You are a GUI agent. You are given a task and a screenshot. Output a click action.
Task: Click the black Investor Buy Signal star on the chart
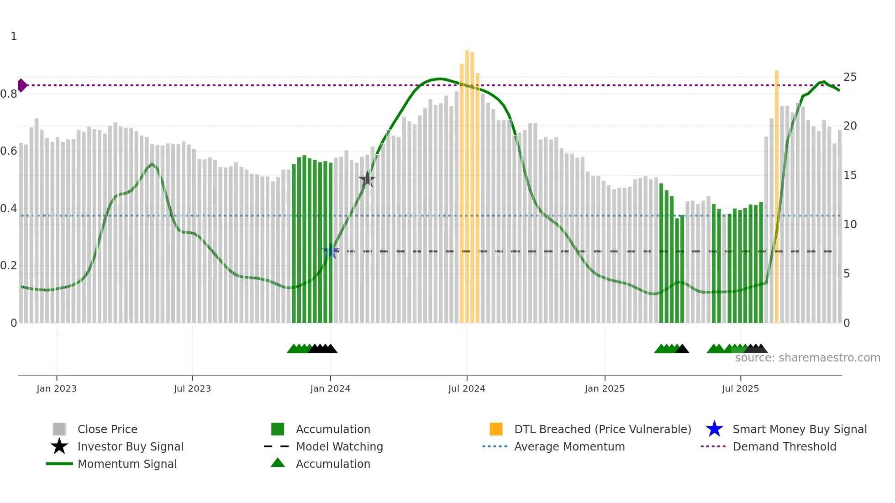click(x=367, y=180)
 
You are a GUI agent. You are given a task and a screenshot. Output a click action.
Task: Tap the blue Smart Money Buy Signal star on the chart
click(x=331, y=251)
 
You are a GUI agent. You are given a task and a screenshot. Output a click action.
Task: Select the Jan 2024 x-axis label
click(x=330, y=388)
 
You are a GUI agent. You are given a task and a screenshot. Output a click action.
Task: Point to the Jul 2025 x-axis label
click(x=740, y=388)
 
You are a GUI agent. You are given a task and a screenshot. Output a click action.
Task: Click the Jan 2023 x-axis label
click(x=57, y=388)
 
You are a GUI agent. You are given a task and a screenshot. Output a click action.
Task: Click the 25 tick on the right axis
click(x=850, y=77)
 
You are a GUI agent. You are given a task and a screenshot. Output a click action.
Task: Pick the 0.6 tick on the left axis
click(x=9, y=151)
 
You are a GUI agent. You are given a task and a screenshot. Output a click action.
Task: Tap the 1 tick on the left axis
click(x=14, y=37)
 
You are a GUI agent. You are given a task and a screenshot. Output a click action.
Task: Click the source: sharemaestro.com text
click(x=807, y=358)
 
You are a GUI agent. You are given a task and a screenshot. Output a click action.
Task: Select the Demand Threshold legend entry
click(x=784, y=446)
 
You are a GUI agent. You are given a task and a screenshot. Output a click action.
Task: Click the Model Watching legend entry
click(x=339, y=446)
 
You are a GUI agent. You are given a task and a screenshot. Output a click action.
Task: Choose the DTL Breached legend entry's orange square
click(x=496, y=429)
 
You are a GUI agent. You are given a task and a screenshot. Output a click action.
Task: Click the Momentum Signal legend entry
click(x=127, y=464)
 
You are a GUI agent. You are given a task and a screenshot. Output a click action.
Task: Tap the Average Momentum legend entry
click(x=569, y=446)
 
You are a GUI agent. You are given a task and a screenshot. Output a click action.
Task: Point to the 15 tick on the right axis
click(x=850, y=175)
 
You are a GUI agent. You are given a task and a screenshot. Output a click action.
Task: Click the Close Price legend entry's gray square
click(x=59, y=429)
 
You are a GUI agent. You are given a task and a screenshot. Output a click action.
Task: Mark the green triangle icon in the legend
click(x=278, y=463)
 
